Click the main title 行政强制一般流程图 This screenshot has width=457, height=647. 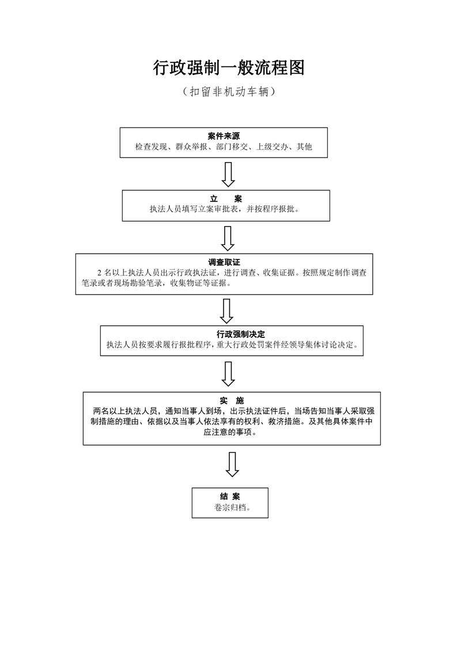click(229, 67)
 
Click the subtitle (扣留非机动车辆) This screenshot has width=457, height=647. click(229, 92)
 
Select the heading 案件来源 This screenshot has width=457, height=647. click(224, 136)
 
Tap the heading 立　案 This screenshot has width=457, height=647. click(225, 199)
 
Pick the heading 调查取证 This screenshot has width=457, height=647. click(224, 262)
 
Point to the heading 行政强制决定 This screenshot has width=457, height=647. click(241, 334)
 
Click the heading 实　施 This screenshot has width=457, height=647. click(232, 401)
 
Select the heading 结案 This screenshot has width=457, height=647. click(230, 496)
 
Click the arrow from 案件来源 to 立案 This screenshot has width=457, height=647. click(228, 175)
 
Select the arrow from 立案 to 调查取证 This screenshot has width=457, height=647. click(228, 239)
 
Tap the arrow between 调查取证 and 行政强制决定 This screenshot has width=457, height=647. click(226, 311)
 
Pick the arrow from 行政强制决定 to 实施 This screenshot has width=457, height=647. click(228, 374)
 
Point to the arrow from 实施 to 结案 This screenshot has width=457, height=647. click(232, 465)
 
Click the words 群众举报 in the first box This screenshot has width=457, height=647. click(191, 147)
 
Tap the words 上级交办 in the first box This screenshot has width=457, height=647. click(272, 147)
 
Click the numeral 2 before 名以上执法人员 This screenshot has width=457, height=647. click(99, 273)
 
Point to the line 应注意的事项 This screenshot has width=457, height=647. click(230, 432)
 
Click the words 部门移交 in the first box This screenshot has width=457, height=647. click(232, 147)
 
